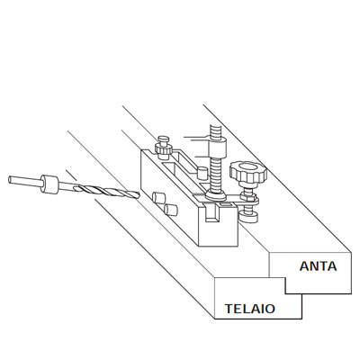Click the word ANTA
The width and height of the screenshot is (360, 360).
click(318, 266)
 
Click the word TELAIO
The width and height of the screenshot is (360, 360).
click(250, 309)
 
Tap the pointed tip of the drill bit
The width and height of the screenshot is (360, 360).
click(139, 195)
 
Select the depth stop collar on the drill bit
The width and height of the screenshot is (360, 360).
click(50, 184)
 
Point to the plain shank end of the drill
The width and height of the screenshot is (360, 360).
click(25, 181)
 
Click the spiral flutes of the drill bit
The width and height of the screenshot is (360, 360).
click(106, 191)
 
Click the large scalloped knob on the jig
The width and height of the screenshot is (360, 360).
click(248, 173)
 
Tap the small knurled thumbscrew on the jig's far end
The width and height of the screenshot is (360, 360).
click(164, 148)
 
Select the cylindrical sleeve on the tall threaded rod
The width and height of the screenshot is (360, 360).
click(217, 147)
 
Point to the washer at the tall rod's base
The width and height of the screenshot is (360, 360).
click(216, 195)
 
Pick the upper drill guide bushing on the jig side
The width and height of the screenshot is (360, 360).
click(158, 198)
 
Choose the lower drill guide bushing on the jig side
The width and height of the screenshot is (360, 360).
click(171, 210)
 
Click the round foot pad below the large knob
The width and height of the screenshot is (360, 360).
click(248, 217)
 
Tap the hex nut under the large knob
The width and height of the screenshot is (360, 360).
click(248, 197)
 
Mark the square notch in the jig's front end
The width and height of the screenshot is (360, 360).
click(212, 213)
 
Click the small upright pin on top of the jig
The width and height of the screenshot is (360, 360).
click(202, 174)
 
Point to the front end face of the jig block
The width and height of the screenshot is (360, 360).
click(218, 223)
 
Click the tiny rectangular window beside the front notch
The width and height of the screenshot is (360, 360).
click(226, 204)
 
